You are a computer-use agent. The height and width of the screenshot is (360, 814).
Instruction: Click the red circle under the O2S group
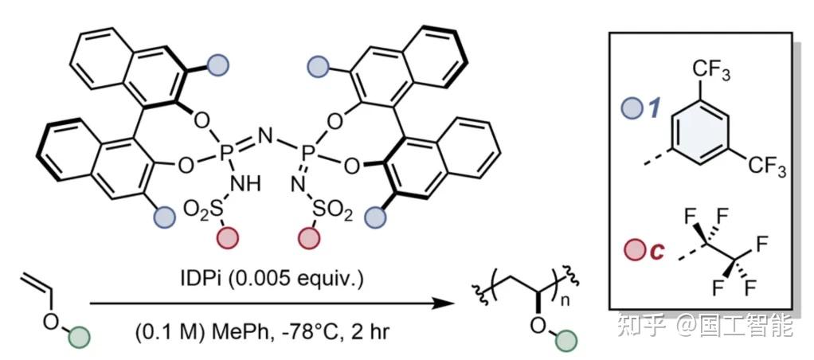pyautogui.click(x=229, y=237)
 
